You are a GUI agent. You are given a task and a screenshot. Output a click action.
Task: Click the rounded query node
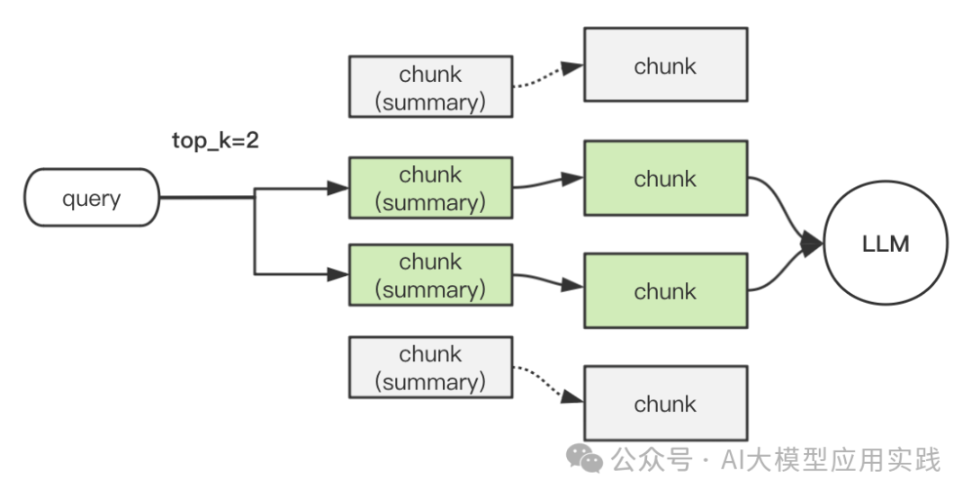coord(92,198)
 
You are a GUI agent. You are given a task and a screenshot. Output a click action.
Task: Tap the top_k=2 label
coord(215,141)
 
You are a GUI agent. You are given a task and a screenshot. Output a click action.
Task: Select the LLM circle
coord(886,244)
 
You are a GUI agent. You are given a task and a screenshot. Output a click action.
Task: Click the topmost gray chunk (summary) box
coord(431,86)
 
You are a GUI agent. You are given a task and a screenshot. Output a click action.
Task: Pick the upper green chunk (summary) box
coord(431,188)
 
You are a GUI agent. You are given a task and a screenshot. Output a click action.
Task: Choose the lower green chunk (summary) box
coord(431,275)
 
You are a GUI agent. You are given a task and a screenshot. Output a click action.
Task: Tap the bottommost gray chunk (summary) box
coord(431,368)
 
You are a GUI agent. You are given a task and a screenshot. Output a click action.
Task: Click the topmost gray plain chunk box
coord(666,65)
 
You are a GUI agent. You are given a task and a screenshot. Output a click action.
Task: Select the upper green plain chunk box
coord(666,178)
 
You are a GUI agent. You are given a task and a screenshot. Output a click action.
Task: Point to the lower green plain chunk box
coord(666,290)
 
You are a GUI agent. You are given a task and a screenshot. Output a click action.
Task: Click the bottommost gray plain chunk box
coord(666,404)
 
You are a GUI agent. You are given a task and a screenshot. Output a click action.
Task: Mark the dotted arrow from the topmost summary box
coord(548,76)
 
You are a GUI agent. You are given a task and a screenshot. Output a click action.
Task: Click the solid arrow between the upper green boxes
coord(548,182)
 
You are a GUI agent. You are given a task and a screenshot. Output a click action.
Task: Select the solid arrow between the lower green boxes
coord(548,280)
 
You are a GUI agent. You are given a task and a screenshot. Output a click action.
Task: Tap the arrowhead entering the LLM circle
coord(812,244)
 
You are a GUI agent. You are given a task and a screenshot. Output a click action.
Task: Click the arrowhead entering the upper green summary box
coord(338,188)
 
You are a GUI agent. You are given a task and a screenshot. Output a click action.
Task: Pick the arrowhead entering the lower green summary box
coord(338,274)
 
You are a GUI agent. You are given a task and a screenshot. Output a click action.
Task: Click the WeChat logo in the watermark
coord(585,459)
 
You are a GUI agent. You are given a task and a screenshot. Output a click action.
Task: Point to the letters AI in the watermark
coord(733,460)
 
